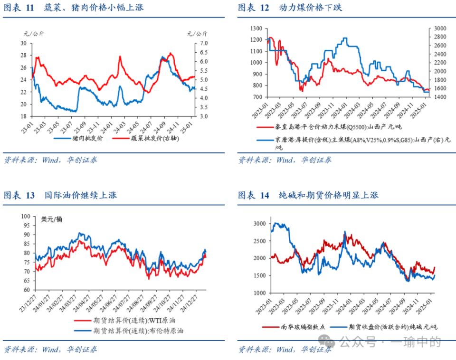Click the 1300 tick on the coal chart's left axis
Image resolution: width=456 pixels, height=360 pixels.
pyautogui.click(x=256, y=28)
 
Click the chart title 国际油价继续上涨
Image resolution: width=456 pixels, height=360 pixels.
pyautogui.click(x=81, y=195)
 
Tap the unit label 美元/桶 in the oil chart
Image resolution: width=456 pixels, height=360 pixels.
pyautogui.click(x=52, y=219)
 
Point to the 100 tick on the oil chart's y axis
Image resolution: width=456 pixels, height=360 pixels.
pyautogui.click(x=24, y=216)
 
